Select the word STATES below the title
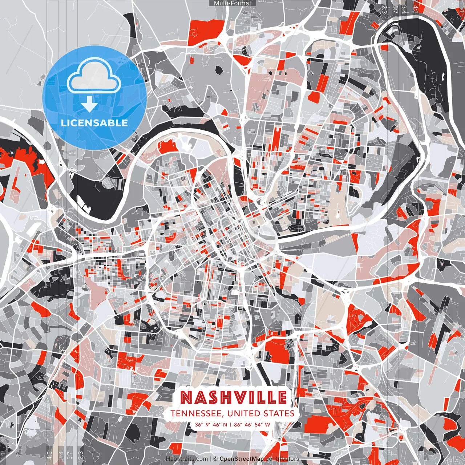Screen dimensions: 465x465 pyautogui.click(x=279, y=413)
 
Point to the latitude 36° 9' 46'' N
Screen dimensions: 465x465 pyautogui.click(x=211, y=424)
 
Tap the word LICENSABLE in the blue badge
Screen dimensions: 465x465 pyautogui.click(x=94, y=123)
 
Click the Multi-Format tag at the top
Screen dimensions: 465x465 pyautogui.click(x=232, y=3)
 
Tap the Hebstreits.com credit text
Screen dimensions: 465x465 pyautogui.click(x=187, y=459)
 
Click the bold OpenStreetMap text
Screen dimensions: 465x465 pyautogui.click(x=242, y=459)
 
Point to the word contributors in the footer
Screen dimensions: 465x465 pyautogui.click(x=282, y=459)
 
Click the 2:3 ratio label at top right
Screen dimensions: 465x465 pyautogui.click(x=384, y=9)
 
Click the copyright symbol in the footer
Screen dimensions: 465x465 pyautogui.click(x=215, y=459)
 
